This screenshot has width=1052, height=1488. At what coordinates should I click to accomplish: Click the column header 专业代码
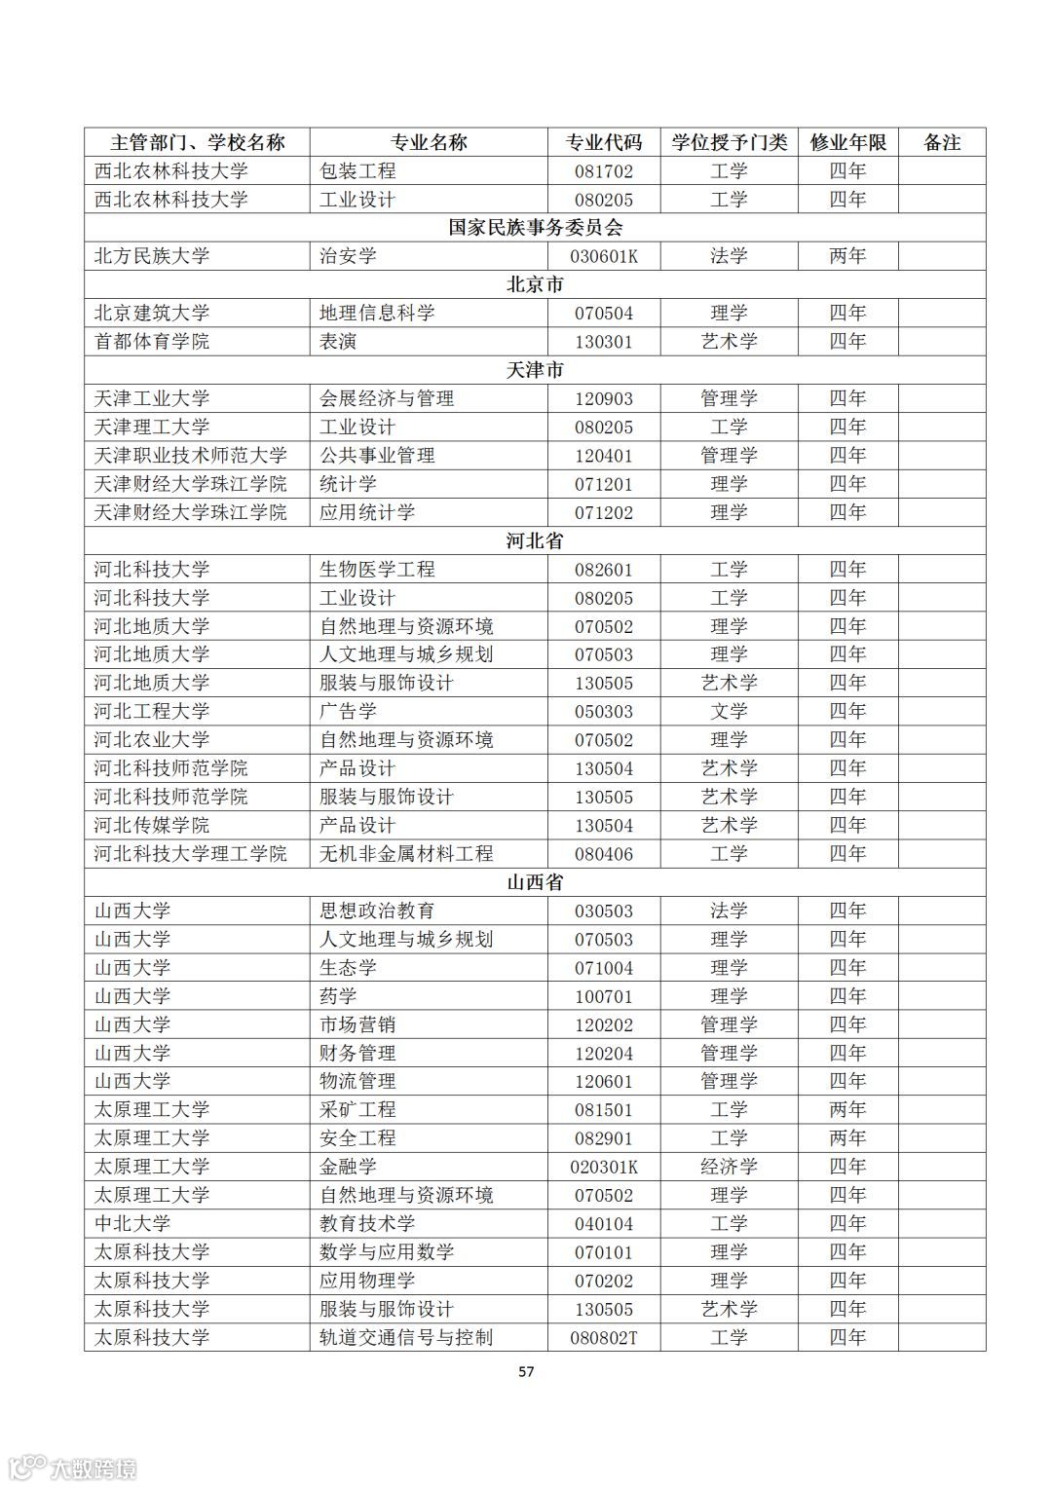[604, 142]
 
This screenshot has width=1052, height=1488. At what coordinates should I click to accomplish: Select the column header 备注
[942, 142]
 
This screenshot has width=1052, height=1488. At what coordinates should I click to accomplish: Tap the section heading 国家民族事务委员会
[535, 228]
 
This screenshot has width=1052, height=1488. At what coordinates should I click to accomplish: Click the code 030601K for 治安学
[604, 256]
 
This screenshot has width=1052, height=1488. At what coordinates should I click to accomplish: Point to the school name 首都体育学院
[152, 342]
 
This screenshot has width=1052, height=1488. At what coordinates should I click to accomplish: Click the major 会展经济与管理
[387, 398]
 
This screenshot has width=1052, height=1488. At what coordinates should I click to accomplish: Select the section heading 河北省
[535, 541]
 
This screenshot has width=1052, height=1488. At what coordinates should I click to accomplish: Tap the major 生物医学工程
[377, 570]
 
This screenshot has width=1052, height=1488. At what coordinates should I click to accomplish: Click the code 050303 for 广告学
[604, 712]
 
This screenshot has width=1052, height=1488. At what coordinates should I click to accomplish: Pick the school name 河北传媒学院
[152, 826]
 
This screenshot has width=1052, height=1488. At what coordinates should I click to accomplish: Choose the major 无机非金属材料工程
[406, 854]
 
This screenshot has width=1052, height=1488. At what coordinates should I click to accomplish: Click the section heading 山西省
[535, 883]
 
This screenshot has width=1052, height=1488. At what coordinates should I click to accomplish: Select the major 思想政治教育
[377, 911]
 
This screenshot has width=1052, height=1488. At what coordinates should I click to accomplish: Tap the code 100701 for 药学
[604, 996]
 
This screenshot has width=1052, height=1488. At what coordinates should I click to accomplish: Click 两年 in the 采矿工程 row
[847, 1110]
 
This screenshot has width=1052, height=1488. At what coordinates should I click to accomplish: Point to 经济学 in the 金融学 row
[729, 1167]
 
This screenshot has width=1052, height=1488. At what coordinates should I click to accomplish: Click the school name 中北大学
[132, 1224]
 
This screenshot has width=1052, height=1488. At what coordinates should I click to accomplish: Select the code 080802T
[604, 1338]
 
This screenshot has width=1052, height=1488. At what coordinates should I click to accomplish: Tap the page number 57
[526, 1372]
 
